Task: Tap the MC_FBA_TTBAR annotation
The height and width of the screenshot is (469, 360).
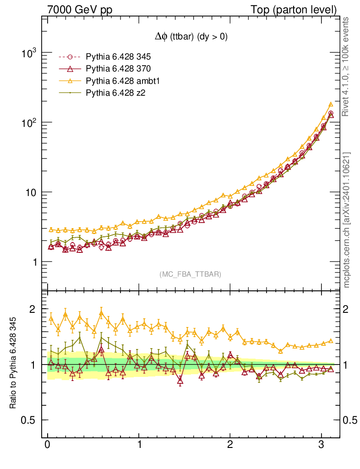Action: pyautogui.click(x=191, y=274)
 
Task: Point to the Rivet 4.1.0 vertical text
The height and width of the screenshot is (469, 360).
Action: pyautogui.click(x=347, y=66)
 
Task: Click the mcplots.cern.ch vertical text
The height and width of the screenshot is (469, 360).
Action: pyautogui.click(x=347, y=220)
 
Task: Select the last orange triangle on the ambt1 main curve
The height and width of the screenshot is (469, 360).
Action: pyautogui.click(x=331, y=104)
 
